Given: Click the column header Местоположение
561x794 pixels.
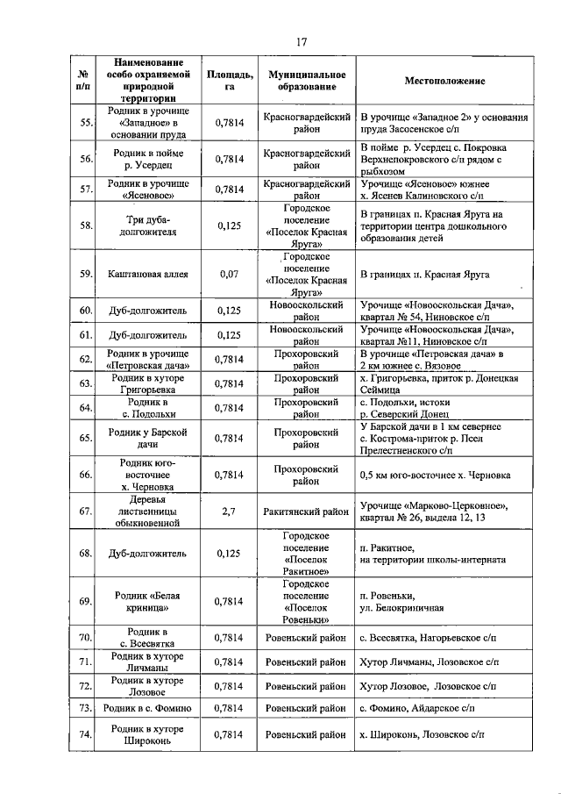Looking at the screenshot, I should (444, 81).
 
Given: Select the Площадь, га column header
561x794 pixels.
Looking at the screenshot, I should (230, 81).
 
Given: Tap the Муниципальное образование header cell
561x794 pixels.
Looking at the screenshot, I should (307, 81).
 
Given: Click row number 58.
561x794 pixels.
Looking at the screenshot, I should (86, 225).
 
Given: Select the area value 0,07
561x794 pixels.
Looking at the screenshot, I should (230, 275).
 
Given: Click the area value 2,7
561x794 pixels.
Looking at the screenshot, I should (230, 510).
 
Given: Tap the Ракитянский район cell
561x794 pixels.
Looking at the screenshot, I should (307, 510).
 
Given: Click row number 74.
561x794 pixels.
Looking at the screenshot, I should (86, 733).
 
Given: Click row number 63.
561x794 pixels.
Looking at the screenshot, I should (86, 383).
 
